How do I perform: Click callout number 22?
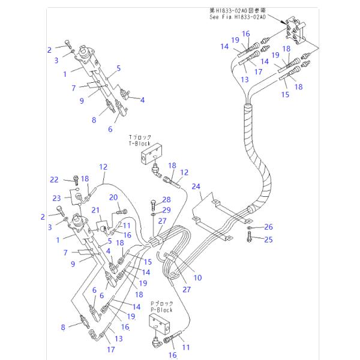(x=53, y=179)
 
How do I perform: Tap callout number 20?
(x=113, y=197)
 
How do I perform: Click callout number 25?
(x=268, y=239)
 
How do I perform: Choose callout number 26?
(x=268, y=227)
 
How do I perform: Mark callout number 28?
(x=166, y=199)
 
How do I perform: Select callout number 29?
(x=166, y=209)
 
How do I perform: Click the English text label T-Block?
(x=140, y=145)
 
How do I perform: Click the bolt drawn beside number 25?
(x=248, y=239)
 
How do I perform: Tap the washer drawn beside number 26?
(x=248, y=228)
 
